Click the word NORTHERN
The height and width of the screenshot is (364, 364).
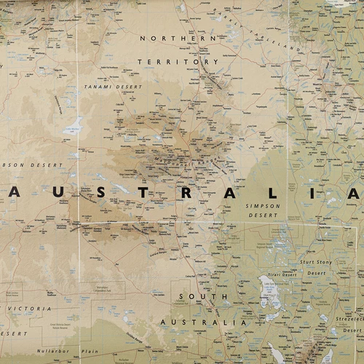point(178,38)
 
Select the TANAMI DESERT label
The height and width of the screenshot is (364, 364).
point(113,86)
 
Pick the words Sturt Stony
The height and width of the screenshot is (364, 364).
point(317,260)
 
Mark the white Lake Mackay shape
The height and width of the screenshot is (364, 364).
point(74,124)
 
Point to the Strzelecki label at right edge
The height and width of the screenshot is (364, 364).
point(348,318)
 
